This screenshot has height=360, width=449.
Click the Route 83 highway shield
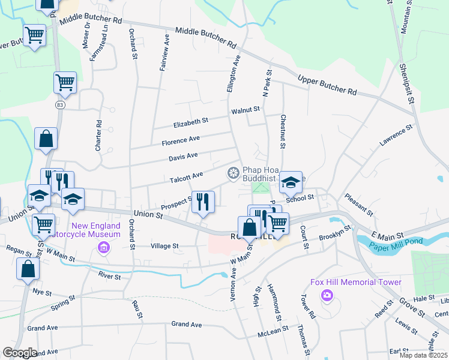pos(59,104)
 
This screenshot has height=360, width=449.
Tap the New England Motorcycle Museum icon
pos(103,247)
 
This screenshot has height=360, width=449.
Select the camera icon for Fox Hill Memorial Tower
pos(327,295)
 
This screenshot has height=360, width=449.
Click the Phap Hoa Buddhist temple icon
pos(232,173)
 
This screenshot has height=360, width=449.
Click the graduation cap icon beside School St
pos(291,181)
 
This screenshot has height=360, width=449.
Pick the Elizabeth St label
pos(190,121)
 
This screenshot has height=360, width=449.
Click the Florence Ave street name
pos(180,142)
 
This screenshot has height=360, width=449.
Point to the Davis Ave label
pos(183,156)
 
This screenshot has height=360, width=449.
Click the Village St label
pos(164,246)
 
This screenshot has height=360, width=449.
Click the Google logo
pos(19,353)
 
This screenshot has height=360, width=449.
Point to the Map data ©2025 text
pos(423,355)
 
